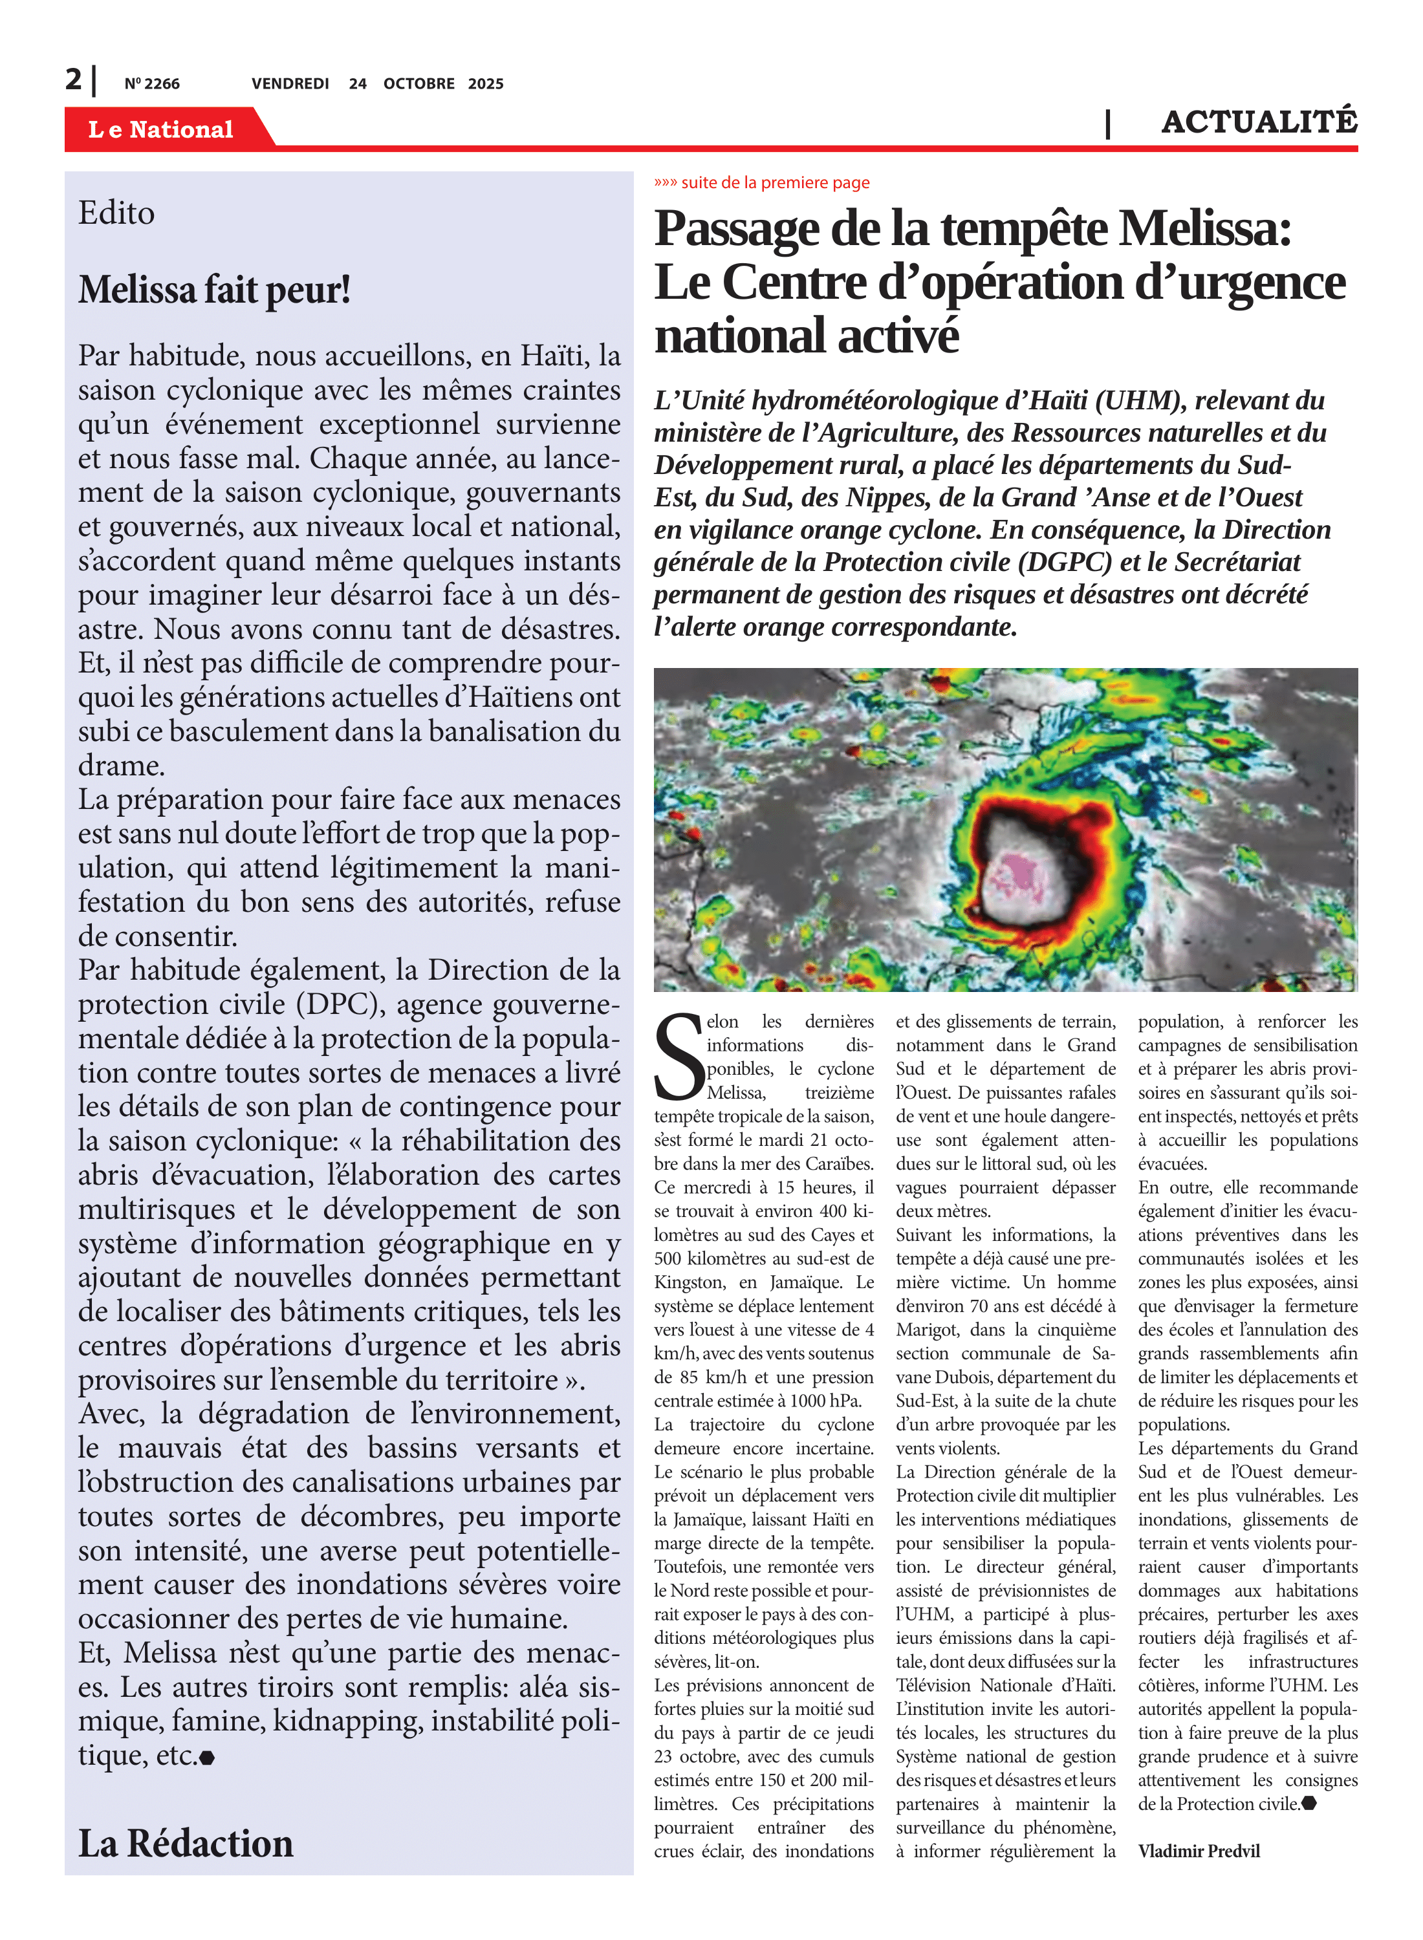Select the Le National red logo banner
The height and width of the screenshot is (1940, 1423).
[161, 129]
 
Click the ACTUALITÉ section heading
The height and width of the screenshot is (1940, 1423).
[1259, 122]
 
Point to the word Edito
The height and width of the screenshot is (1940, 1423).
[116, 213]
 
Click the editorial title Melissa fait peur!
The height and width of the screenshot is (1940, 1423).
[215, 290]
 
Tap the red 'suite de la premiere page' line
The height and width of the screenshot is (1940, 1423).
[763, 182]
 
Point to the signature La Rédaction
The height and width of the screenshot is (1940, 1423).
[185, 1844]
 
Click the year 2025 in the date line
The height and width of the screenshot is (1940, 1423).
[486, 84]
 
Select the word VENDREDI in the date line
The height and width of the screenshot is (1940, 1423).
[290, 84]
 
